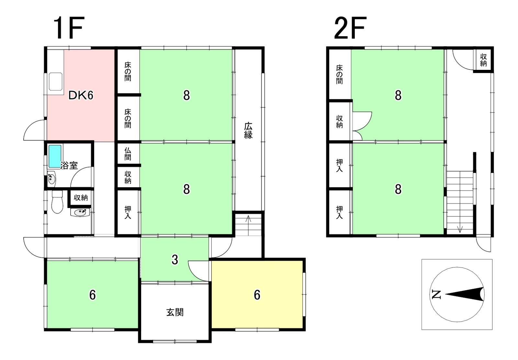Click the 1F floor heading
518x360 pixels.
point(68,28)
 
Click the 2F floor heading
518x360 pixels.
point(350,28)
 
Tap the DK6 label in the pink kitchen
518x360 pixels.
point(81,95)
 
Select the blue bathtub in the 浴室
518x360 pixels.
point(55,156)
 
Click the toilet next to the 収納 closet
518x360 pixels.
point(57,202)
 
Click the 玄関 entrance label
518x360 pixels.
point(175,312)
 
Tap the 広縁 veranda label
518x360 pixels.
point(248,130)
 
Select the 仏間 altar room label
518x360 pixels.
point(128,154)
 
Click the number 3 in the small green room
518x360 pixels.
point(175,259)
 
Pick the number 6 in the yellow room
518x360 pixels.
point(257,295)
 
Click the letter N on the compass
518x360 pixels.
point(436,294)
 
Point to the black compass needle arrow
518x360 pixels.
point(465,294)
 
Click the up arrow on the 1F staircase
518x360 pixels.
point(248,225)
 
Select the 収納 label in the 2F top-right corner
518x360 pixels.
point(483,60)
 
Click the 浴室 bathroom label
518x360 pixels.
point(69,165)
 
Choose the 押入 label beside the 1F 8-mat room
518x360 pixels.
point(128,213)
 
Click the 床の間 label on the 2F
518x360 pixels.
point(339,74)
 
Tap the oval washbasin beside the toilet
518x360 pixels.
point(80,213)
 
